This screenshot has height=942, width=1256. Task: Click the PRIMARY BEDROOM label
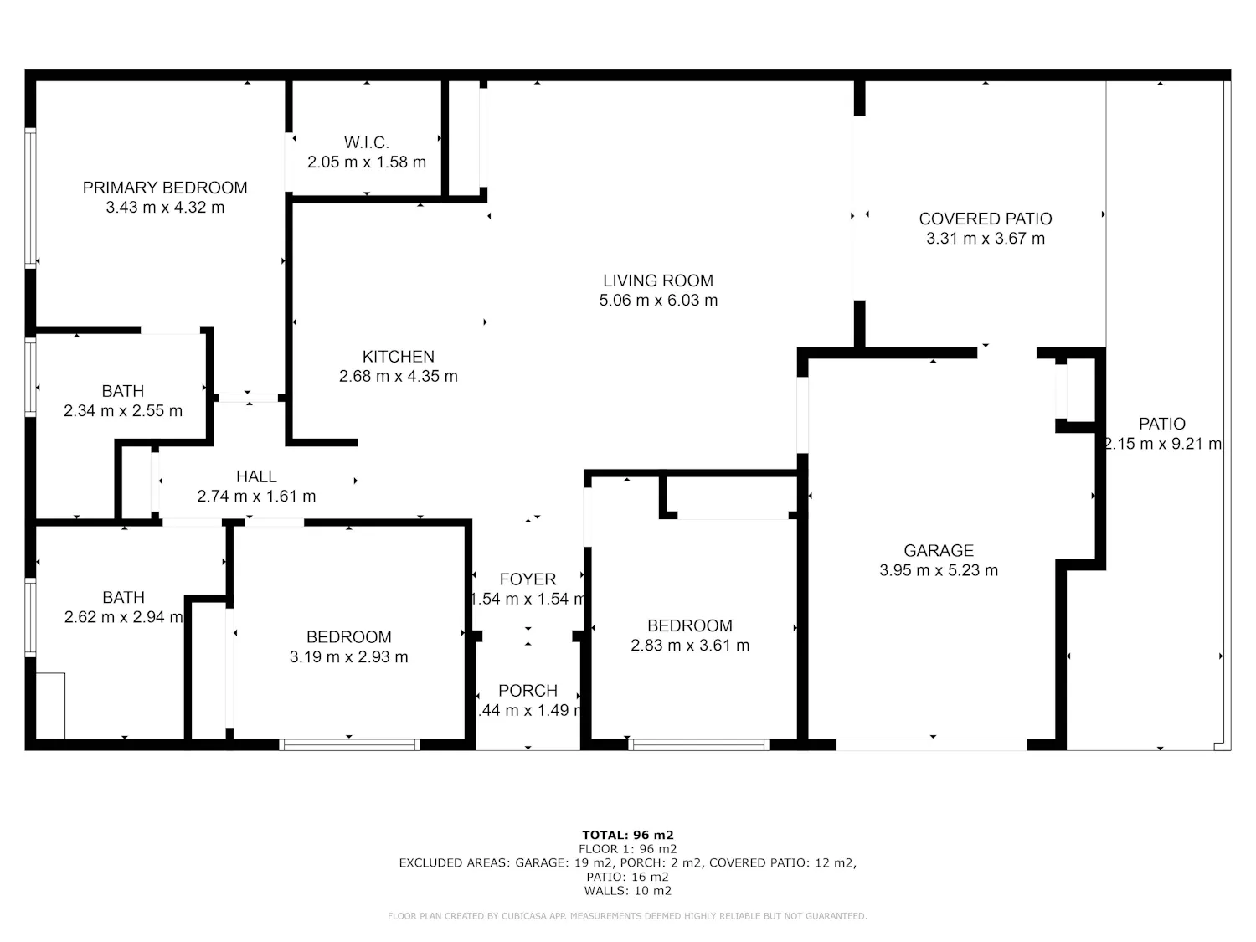coord(165,188)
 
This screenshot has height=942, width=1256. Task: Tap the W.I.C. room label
coord(366,142)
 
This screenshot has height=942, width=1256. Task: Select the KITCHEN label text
coord(399,357)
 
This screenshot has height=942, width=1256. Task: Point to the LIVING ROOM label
coord(658,281)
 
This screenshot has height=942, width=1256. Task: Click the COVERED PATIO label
coord(986,219)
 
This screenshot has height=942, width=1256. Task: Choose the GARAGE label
coord(939,551)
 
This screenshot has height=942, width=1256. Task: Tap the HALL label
coord(256,476)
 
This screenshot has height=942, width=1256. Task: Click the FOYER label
coord(528,579)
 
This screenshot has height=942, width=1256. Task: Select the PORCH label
coord(528,691)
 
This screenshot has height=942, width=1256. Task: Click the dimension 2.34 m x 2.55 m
coord(123,410)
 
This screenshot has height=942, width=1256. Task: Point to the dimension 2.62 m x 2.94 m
coord(124,617)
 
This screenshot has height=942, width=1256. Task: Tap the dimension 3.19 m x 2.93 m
coord(348,657)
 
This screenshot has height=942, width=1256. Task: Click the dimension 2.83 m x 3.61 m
coord(690,645)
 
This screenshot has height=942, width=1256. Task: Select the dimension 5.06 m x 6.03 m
coord(658,301)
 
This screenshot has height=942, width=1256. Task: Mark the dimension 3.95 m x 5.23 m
coord(939,570)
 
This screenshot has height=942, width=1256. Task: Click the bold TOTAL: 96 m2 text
coord(628,835)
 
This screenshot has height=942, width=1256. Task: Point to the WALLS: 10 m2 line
coord(628,891)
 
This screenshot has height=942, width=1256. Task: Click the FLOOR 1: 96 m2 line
coord(628,849)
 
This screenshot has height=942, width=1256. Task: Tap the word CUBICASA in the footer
coord(523,916)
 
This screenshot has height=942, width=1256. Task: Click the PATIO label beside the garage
coord(1161,424)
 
